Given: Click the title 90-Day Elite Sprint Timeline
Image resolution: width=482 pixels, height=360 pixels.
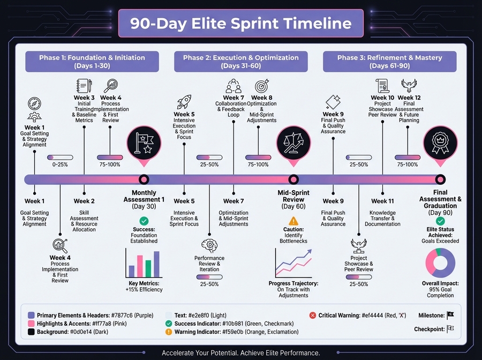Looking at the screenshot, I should pyautogui.click(x=241, y=24).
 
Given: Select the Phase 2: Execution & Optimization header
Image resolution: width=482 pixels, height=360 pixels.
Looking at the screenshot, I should pyautogui.click(x=240, y=62).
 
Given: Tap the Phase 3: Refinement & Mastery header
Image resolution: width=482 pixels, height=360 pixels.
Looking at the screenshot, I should pyautogui.click(x=389, y=62).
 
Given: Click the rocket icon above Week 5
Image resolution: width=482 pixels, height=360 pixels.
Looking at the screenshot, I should pyautogui.click(x=184, y=101).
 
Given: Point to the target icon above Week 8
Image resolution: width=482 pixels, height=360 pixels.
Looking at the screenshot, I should pyautogui.click(x=262, y=86).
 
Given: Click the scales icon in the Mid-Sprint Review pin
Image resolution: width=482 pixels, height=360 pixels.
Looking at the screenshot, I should pyautogui.click(x=293, y=142).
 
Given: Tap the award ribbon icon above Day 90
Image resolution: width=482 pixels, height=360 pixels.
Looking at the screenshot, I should pyautogui.click(x=440, y=142).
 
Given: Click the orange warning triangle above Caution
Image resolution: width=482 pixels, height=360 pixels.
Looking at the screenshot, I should pyautogui.click(x=293, y=221).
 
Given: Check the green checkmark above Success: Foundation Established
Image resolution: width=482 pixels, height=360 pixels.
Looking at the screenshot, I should pyautogui.click(x=144, y=221).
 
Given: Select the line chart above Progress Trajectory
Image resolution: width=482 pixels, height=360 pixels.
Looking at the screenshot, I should pyautogui.click(x=293, y=263).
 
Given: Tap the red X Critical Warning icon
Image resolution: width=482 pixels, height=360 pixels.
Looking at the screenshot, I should pyautogui.click(x=313, y=316).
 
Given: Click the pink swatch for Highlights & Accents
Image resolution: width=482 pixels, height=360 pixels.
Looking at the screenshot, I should pyautogui.click(x=31, y=325).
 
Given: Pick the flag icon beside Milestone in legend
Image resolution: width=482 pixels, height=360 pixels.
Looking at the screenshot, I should pyautogui.click(x=450, y=316).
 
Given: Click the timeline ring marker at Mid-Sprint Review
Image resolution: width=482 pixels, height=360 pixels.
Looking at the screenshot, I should pyautogui.click(x=293, y=179).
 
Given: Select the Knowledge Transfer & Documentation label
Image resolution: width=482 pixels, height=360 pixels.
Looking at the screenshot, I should pyautogui.click(x=382, y=218).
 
